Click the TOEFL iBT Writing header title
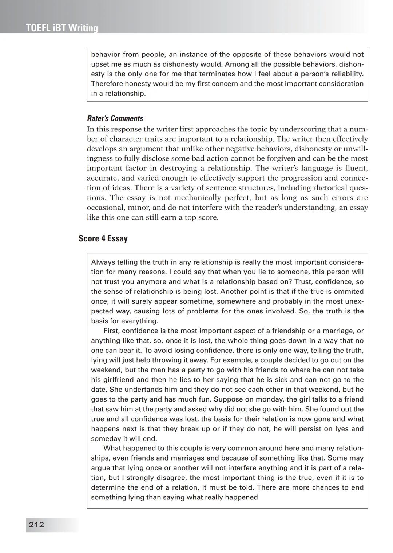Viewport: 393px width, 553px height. [62, 28]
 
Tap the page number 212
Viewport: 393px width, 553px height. [36, 525]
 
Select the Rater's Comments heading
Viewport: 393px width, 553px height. [115, 118]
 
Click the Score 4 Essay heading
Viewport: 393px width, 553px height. [103, 238]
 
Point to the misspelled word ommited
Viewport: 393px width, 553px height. [349, 291]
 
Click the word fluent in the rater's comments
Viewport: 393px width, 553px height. [356, 168]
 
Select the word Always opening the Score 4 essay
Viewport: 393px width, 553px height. [103, 262]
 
